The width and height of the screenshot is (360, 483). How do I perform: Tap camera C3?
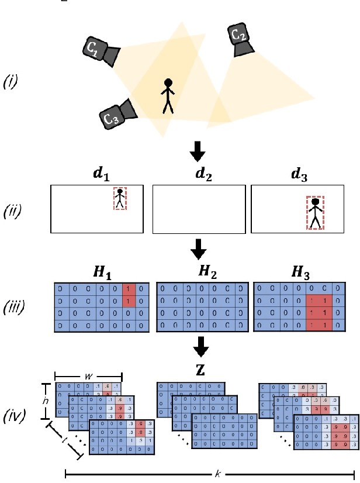pos(116,115)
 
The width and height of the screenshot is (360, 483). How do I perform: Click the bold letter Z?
pos(198,372)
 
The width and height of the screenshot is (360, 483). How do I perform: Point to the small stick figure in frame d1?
pos(120,199)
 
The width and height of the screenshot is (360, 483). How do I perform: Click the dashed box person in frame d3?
pos(316,213)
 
